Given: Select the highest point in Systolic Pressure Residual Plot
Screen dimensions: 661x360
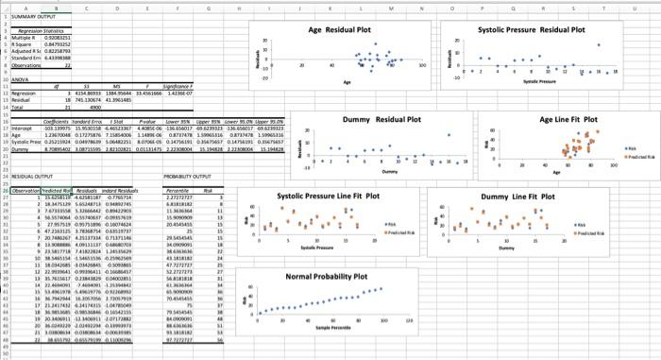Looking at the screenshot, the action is click(x=598, y=44).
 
